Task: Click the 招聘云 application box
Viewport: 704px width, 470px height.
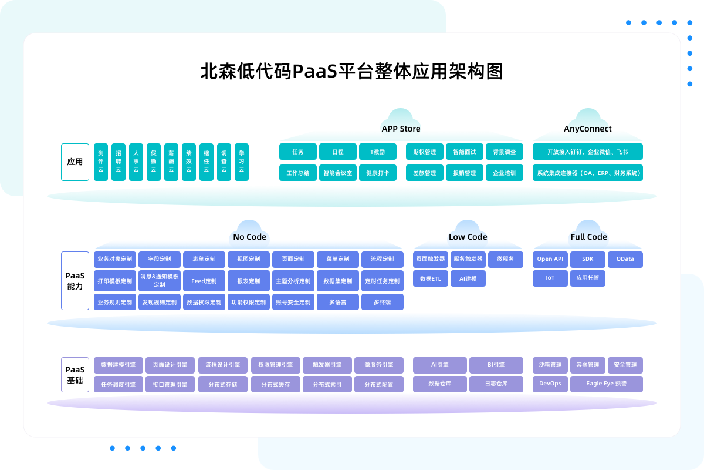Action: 119,162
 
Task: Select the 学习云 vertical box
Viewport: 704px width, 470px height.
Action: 242,162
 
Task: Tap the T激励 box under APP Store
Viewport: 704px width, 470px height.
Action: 378,152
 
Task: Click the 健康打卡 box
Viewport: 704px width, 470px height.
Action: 378,173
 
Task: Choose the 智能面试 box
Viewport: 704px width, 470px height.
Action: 465,152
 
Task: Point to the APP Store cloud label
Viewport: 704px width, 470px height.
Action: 401,129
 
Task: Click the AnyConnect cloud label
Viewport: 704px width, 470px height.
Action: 588,129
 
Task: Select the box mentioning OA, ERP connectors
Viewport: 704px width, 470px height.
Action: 588,173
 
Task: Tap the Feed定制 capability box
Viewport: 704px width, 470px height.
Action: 204,281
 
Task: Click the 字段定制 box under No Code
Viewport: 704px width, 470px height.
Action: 160,259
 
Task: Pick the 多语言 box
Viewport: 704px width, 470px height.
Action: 338,302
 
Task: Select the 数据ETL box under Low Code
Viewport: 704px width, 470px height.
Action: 431,278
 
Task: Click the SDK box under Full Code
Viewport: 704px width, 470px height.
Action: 588,259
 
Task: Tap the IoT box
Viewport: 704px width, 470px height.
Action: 550,278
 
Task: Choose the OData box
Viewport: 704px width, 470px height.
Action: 625,259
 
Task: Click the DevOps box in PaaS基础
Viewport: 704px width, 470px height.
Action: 550,384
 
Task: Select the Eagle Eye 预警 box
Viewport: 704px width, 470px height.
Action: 607,384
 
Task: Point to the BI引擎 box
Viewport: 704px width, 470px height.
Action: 496,365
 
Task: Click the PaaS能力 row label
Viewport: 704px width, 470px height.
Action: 75,281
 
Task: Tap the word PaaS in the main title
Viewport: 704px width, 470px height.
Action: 315,72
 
